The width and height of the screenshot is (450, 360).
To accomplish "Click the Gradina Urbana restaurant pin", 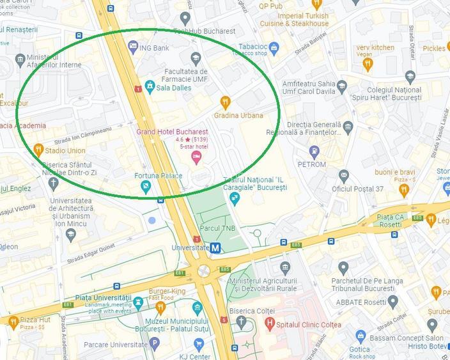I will [x=225, y=102].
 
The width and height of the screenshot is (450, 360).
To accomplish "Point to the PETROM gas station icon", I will [x=314, y=152].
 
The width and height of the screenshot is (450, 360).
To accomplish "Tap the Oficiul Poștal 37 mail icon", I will [x=344, y=175].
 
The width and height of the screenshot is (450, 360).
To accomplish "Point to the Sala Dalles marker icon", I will [x=150, y=85].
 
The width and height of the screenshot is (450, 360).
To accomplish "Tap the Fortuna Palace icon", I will [x=146, y=187].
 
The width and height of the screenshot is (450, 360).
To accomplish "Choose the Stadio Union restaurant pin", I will [x=38, y=150].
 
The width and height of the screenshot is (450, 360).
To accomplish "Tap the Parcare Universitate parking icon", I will [x=154, y=343].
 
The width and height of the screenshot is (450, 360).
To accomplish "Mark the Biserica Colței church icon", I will [x=241, y=322].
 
